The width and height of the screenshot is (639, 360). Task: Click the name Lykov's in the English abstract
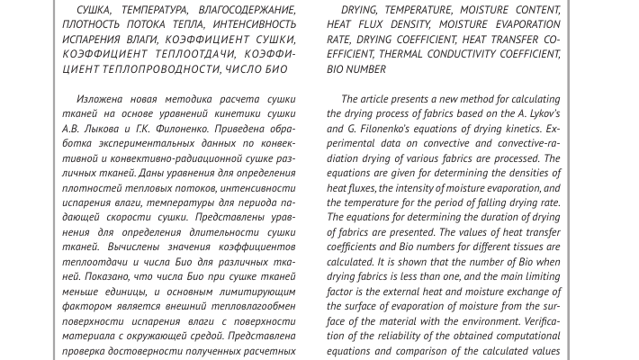pos(539,114)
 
